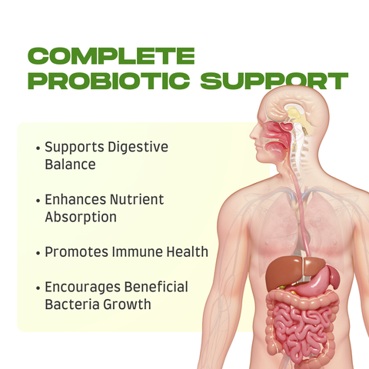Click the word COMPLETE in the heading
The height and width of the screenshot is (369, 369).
[111, 56]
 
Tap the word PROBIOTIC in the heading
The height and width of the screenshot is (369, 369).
[109, 81]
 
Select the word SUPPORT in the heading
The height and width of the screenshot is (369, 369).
[274, 81]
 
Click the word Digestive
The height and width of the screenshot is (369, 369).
[138, 148]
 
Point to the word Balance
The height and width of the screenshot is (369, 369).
[70, 165]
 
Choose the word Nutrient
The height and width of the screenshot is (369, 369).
[137, 199]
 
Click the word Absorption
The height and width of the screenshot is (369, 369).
[81, 218]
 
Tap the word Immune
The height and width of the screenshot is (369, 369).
[138, 252]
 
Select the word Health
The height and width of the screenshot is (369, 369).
[188, 251]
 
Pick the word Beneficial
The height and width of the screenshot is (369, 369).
[156, 287]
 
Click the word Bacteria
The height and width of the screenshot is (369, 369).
[72, 304]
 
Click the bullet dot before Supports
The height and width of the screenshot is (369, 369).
[38, 148]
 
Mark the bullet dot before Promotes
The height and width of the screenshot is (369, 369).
[38, 253]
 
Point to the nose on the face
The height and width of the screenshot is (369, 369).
[254, 133]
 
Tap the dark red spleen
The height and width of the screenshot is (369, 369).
[334, 278]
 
